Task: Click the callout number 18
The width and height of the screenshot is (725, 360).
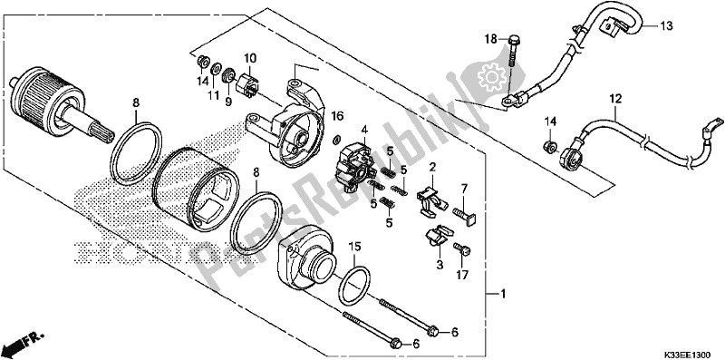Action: tap(491, 39)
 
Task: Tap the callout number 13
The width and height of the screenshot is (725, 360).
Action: tap(666, 26)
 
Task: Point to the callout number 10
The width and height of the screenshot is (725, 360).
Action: tap(250, 58)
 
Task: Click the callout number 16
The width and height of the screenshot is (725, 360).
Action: tap(338, 116)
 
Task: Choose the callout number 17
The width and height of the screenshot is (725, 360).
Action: tap(462, 276)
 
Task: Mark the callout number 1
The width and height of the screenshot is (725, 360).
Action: tap(504, 295)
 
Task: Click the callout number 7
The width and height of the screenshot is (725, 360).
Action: tap(464, 188)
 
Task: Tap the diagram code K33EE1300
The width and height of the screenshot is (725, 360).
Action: tap(689, 355)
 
